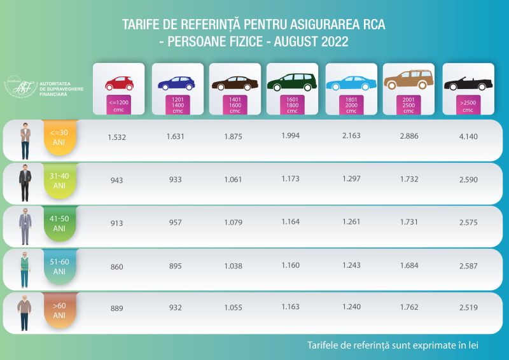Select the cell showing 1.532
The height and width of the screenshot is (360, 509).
116,137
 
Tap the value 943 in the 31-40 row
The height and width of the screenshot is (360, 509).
116,180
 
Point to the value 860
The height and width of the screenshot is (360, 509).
116,267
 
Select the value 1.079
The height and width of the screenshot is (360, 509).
234,223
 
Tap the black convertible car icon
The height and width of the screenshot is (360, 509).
468,84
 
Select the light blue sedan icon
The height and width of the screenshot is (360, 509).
351,83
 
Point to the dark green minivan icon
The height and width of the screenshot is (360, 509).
292,83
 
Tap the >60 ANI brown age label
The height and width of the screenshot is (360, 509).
60,310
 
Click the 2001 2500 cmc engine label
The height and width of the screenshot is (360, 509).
409,104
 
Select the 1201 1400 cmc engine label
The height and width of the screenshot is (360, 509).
178,104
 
